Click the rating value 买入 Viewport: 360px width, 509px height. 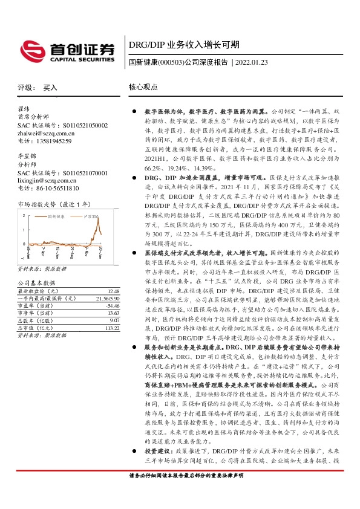point(50,88)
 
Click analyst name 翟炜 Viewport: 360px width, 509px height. point(24,109)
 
